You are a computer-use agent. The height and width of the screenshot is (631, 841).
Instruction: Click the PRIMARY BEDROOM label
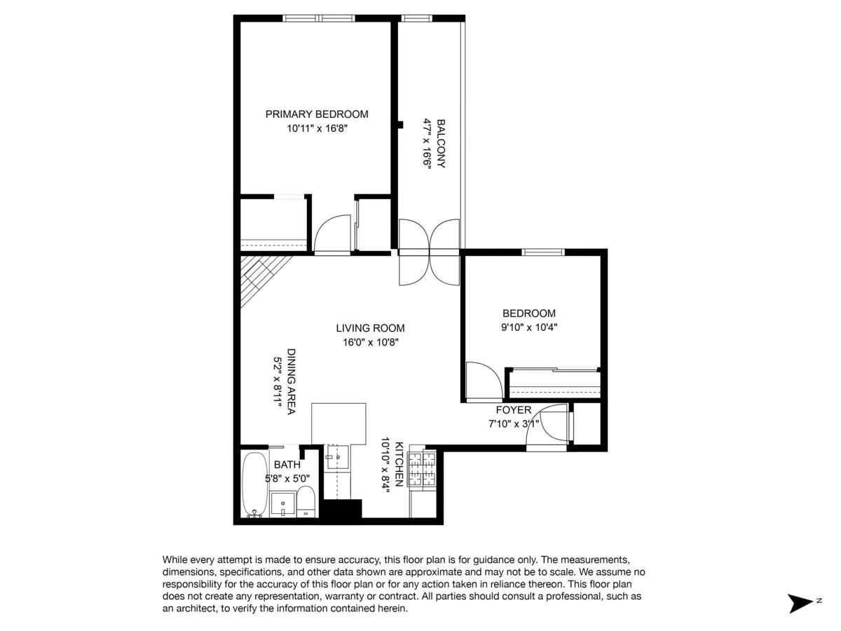[317, 114]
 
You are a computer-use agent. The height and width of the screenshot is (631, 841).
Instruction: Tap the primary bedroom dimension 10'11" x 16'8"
[317, 128]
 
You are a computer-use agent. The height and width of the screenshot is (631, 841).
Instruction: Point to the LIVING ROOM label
[370, 327]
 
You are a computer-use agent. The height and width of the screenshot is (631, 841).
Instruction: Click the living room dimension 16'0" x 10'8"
[370, 342]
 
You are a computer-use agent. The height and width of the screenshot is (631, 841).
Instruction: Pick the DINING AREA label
[291, 381]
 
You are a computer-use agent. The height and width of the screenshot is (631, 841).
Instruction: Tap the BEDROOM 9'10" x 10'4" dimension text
[529, 327]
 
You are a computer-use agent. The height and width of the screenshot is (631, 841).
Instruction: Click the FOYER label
[514, 410]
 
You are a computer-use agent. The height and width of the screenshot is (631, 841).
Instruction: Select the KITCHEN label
[399, 464]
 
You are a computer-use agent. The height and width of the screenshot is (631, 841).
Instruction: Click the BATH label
[287, 464]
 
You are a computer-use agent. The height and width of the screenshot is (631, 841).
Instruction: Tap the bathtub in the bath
[254, 484]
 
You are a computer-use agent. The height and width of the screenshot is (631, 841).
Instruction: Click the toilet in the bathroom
[306, 502]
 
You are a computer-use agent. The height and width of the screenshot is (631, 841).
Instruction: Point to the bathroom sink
[283, 503]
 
